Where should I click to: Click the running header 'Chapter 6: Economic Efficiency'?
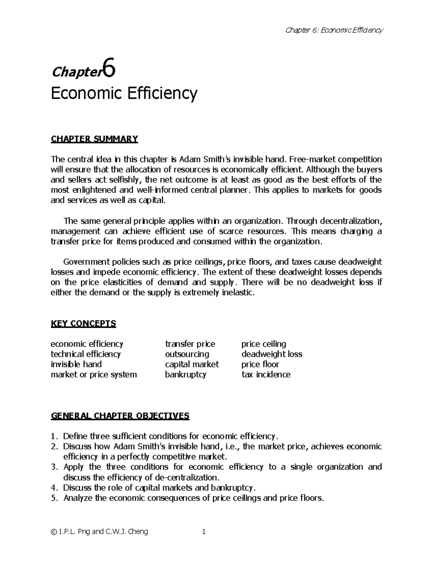tap(333, 30)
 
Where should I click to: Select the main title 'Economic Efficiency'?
tap(124, 94)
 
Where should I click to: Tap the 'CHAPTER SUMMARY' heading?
tap(95, 139)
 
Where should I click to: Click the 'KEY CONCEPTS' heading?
tap(83, 323)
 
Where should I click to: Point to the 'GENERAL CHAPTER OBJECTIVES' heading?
tap(120, 416)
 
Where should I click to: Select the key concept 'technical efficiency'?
tap(86, 354)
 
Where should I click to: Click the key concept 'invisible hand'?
tap(76, 364)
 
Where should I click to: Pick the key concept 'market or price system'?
tap(94, 374)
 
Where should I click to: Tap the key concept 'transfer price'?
tap(190, 344)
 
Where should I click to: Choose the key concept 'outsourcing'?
tap(187, 354)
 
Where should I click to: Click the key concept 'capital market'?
tap(192, 364)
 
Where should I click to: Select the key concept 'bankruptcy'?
tap(185, 374)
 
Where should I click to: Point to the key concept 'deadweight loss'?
tap(272, 354)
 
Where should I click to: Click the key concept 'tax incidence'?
tap(266, 374)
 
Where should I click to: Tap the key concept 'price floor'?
tap(260, 364)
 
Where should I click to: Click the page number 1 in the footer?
tap(204, 532)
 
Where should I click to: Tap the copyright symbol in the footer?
tap(54, 532)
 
